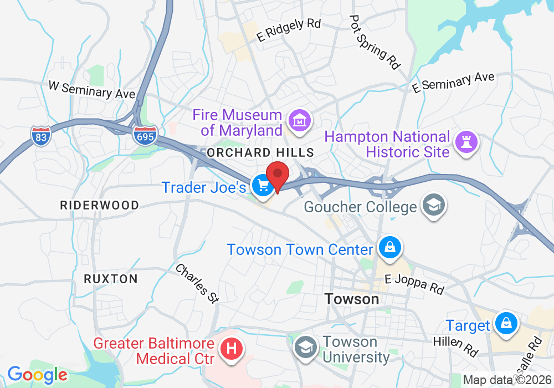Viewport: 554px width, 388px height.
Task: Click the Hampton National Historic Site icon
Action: coord(466,142)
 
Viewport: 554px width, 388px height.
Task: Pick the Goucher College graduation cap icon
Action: coord(433,205)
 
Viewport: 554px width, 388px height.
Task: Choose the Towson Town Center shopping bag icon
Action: coord(391,247)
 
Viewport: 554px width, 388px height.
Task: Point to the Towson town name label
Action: coord(352,299)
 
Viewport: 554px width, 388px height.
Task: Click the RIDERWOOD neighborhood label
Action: coord(100,205)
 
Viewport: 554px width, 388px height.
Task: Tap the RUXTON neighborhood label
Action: coord(111,279)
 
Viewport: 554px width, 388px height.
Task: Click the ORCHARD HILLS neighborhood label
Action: coord(260,152)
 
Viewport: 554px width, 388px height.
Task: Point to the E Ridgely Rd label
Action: coord(289,29)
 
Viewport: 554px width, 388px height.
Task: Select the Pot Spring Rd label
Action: coord(375,42)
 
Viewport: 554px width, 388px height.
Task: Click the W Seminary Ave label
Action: coord(92,90)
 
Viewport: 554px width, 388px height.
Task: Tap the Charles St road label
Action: coord(197,283)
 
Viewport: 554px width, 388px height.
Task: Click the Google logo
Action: coord(37,374)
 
